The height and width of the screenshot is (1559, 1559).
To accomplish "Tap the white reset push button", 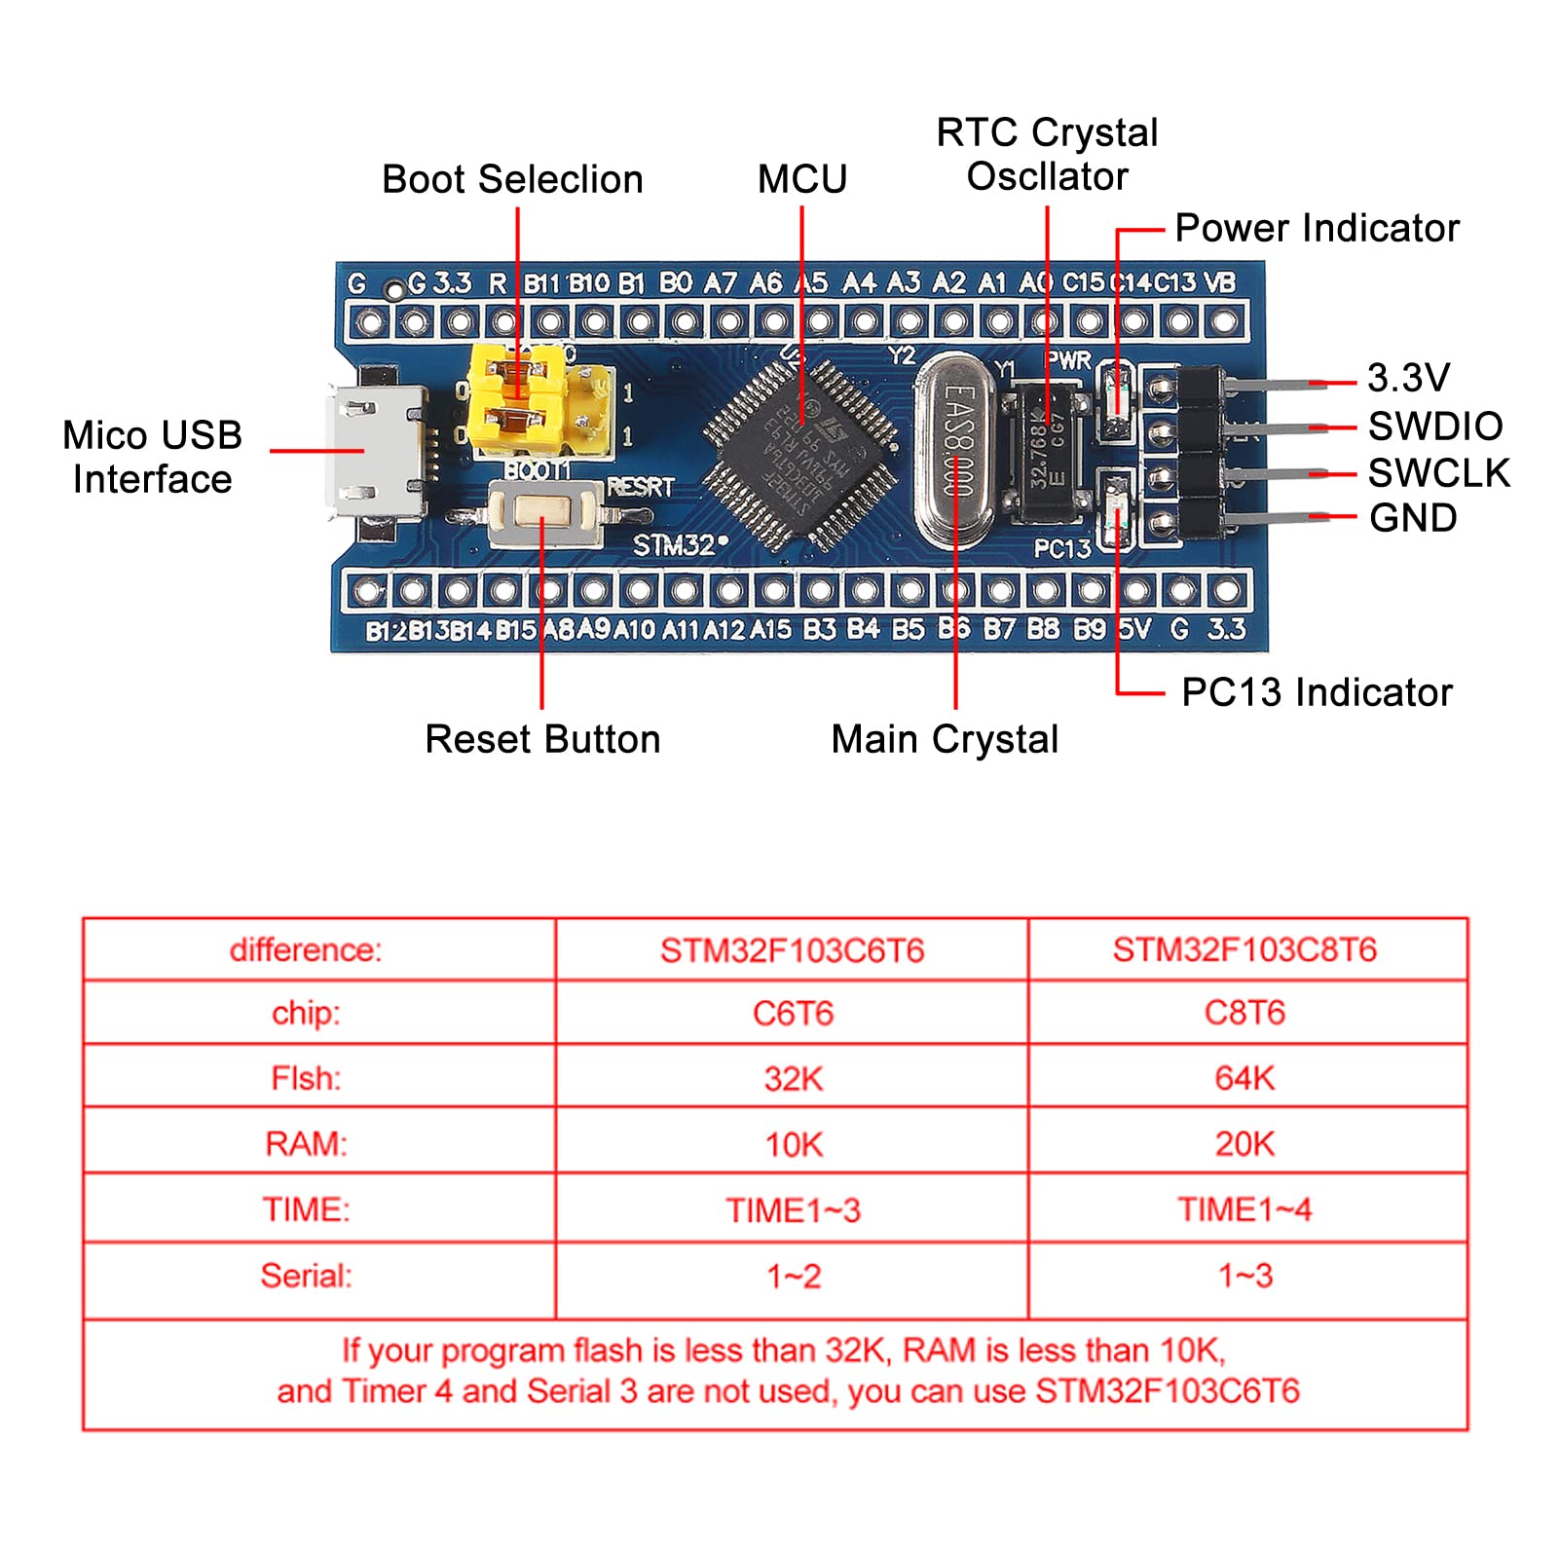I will tap(543, 514).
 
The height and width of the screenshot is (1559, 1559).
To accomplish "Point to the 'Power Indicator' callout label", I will tap(1317, 229).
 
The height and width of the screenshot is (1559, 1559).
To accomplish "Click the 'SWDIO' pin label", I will tap(1435, 427).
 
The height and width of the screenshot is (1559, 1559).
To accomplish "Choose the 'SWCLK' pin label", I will tap(1438, 473).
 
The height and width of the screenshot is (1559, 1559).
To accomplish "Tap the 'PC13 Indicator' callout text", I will tap(1317, 692).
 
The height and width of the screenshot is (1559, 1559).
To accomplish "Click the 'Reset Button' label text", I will tap(542, 739).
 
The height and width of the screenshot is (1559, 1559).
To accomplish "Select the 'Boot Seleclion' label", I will tap(512, 179).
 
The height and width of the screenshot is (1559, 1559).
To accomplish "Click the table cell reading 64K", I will tap(1244, 1078).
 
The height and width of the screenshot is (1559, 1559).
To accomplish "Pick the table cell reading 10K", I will tap(793, 1144).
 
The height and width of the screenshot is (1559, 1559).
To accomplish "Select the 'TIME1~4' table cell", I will tap(1244, 1209).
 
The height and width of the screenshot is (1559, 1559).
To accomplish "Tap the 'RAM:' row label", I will tap(306, 1143).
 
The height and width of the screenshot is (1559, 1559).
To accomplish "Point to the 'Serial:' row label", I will tap(306, 1276).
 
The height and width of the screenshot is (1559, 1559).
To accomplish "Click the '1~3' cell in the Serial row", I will tap(1244, 1276).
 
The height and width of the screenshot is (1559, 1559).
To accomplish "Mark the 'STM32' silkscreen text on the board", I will tap(675, 545).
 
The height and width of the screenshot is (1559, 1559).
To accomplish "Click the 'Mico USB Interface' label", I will tap(152, 457).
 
